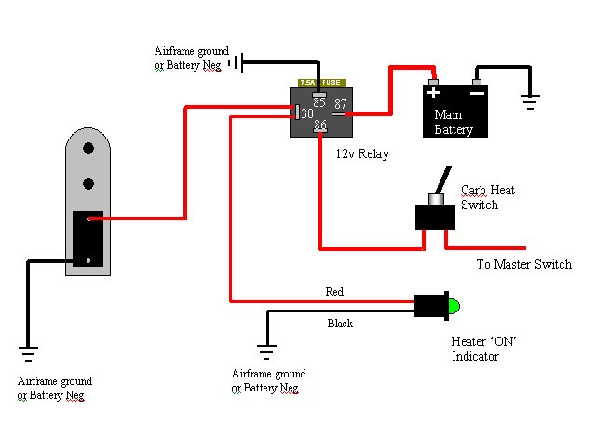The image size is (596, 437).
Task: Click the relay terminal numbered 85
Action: pyautogui.click(x=319, y=95)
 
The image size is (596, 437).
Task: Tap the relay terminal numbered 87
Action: pyautogui.click(x=339, y=113)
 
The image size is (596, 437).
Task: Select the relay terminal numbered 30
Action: pyautogui.click(x=297, y=112)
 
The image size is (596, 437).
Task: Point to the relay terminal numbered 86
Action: pyautogui.click(x=320, y=131)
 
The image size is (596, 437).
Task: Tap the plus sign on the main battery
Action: pyautogui.click(x=434, y=93)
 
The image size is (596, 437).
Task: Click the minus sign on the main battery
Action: pyautogui.click(x=477, y=93)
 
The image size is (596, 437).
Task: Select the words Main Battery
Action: pyautogui.click(x=454, y=122)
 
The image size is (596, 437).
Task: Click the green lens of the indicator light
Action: pyautogui.click(x=454, y=306)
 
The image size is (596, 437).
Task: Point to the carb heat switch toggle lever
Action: pyautogui.click(x=443, y=180)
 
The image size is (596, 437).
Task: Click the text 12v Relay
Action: pyautogui.click(x=362, y=153)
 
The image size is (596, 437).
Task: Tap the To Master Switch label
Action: pyautogui.click(x=523, y=264)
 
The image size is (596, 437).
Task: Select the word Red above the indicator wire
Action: pyautogui.click(x=334, y=291)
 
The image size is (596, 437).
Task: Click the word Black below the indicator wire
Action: pyautogui.click(x=340, y=324)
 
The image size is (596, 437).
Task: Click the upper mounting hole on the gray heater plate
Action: pyautogui.click(x=88, y=148)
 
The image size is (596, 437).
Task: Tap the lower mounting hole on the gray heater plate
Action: pyautogui.click(x=88, y=183)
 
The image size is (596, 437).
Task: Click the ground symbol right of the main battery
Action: pyautogui.click(x=530, y=101)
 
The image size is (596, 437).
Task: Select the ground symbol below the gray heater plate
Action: pyautogui.click(x=28, y=353)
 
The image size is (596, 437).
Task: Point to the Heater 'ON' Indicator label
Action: pyautogui.click(x=483, y=349)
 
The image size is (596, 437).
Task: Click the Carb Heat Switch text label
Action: pyautogui.click(x=488, y=197)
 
